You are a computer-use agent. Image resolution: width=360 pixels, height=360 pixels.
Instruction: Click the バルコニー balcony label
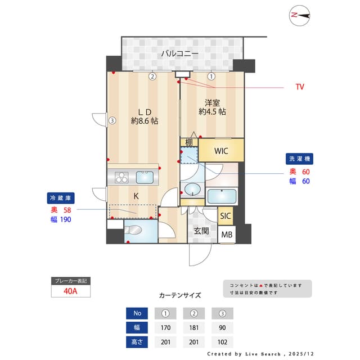pos(179,54)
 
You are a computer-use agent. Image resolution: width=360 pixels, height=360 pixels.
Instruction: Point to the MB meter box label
pos(226,235)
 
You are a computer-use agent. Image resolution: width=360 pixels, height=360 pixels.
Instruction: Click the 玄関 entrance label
pos(202,230)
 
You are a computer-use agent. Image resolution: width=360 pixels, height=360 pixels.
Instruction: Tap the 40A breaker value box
pos(70,291)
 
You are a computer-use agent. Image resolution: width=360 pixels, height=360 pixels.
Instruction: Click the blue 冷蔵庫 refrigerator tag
pos(61,198)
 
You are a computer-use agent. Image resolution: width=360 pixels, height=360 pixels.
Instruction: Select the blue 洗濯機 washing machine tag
pos(299,159)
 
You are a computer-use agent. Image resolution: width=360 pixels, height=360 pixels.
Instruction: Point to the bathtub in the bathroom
pos(222,197)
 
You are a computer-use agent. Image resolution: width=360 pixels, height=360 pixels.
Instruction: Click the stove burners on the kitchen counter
pos(122,178)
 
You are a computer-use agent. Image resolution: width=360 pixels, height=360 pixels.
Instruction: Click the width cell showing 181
pos(193,327)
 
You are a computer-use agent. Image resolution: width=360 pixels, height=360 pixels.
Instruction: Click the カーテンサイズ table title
pos(179,295)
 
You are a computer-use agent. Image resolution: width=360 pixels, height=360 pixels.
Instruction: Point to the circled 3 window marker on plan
pos(112,120)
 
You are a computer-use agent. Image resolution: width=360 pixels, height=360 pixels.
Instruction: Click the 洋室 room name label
pos(212,103)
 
